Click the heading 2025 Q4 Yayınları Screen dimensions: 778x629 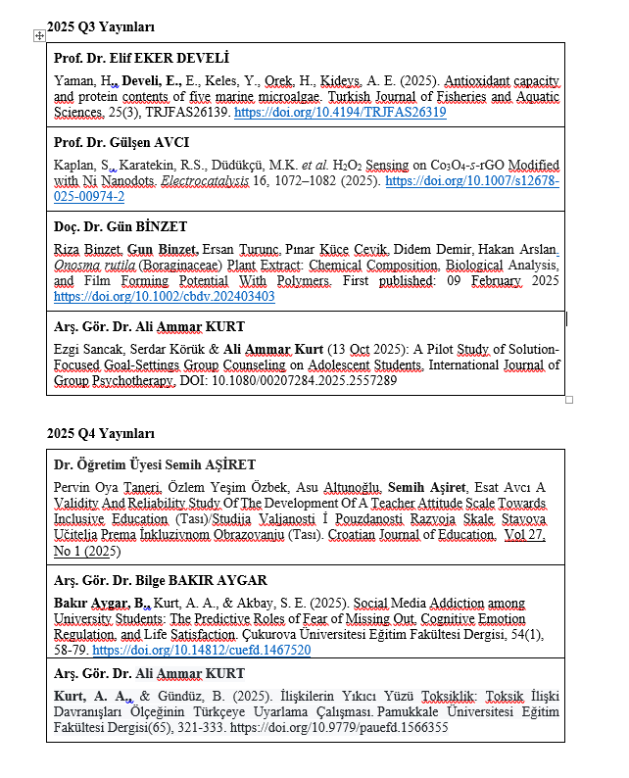click(101, 433)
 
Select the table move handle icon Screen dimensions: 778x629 click(39, 36)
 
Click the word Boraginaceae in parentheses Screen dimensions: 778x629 click(181, 266)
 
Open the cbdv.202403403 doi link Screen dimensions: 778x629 click(164, 296)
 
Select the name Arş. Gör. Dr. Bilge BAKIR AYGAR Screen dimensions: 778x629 click(160, 580)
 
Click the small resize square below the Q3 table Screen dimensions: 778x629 click(569, 400)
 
